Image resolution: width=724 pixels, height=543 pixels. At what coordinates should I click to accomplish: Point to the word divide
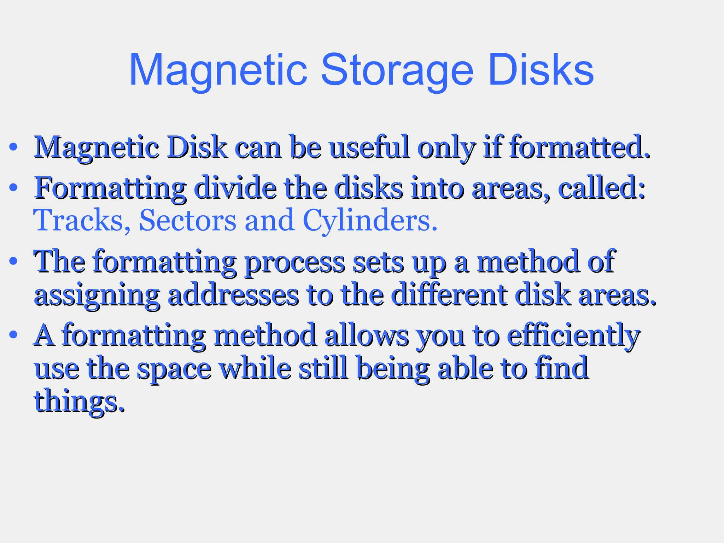pos(235,188)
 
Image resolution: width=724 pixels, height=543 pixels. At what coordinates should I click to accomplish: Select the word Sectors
pos(188,220)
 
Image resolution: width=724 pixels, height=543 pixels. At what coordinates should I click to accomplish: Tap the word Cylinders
pos(370,220)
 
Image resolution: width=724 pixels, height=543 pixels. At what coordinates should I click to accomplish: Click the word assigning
pos(97,296)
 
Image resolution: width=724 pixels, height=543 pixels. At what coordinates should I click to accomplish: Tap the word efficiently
pos(573,336)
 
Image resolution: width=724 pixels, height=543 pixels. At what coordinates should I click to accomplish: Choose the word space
pos(174,369)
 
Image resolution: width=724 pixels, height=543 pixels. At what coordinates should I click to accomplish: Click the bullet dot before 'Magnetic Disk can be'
pos(13,147)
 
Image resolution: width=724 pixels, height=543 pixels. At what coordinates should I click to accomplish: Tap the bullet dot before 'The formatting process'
pos(13,262)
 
